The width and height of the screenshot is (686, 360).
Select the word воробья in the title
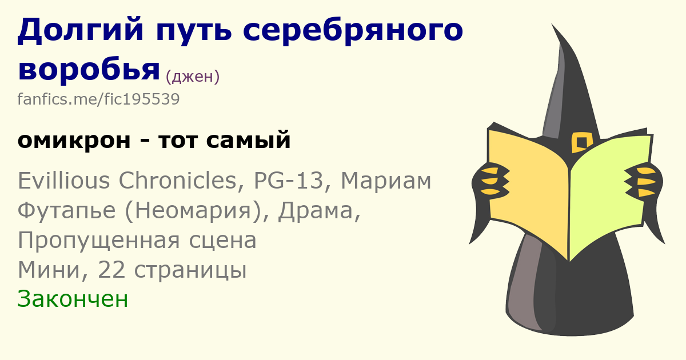[x=89, y=70]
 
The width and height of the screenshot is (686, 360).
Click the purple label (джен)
[x=193, y=76]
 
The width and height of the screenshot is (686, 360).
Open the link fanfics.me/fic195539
[x=98, y=99]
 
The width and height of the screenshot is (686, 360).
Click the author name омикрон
[x=74, y=141]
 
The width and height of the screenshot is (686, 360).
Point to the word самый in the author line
[x=248, y=140]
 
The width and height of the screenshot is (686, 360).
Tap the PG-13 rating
[x=289, y=180]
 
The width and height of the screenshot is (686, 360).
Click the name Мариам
[x=386, y=181]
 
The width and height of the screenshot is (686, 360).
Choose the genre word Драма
[x=316, y=211]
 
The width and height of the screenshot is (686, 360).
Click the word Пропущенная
[x=98, y=241]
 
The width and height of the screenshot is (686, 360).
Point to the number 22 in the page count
[x=111, y=270]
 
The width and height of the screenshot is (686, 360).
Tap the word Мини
[x=49, y=270]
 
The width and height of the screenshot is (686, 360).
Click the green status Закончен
[x=73, y=299]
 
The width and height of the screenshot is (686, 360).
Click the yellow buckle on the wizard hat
[x=582, y=142]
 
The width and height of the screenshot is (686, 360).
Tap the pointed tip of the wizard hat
[x=552, y=24]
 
